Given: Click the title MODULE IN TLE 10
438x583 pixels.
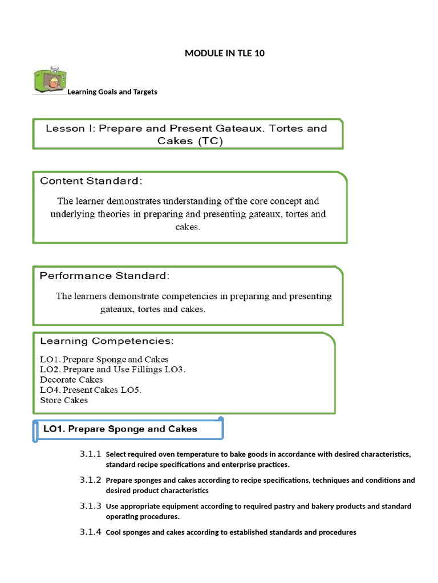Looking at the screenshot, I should click(x=225, y=54).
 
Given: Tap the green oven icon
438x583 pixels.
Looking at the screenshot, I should click(x=48, y=81).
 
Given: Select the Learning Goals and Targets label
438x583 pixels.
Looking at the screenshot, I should click(x=112, y=92).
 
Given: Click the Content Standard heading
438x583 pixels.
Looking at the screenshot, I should click(x=91, y=182).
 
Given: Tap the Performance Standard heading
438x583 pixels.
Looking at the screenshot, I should click(x=104, y=276).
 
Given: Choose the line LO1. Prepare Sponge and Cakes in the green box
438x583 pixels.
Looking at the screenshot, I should click(x=104, y=359).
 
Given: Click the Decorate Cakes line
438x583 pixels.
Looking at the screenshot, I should click(x=71, y=380).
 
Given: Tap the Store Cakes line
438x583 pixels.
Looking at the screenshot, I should click(x=64, y=400).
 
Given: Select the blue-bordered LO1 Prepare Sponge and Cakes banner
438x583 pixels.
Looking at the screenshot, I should click(x=127, y=429).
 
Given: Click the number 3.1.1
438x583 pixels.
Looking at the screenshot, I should click(x=91, y=454).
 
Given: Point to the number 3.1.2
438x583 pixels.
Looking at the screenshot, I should click(x=91, y=480).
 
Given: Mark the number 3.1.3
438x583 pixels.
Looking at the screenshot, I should click(x=91, y=506).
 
